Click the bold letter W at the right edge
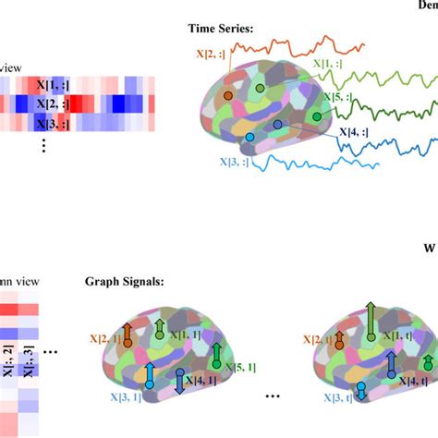428,248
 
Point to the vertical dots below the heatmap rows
42,145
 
